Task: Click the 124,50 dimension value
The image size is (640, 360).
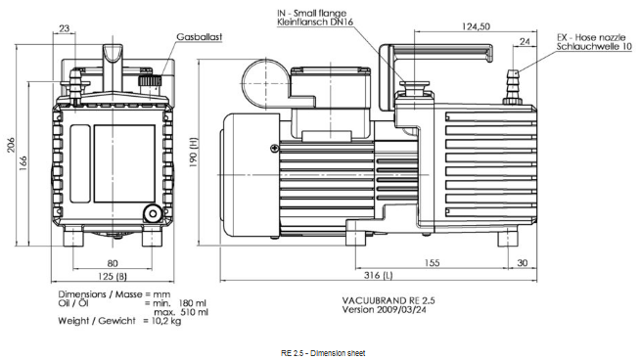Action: pos(476,26)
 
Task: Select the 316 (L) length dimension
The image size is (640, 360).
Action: pos(379,275)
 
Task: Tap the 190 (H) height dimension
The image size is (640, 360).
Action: pos(193,152)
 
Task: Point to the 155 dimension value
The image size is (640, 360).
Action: pos(432,263)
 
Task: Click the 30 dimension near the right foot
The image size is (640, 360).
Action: pos(523,263)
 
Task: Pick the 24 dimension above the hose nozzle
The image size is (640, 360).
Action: pos(525,41)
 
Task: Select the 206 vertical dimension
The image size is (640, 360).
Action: pos(11,145)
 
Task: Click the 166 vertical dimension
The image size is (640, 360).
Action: pos(23,163)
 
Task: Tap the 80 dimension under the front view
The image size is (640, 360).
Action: pos(113,263)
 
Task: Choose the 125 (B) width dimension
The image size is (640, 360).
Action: pos(113,276)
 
